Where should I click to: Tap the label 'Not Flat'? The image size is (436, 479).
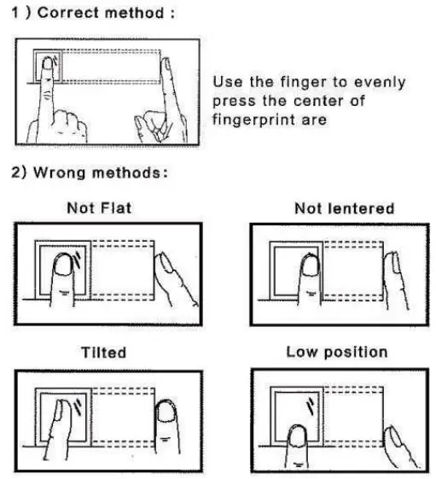pyautogui.click(x=99, y=208)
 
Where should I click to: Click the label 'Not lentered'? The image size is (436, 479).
pyautogui.click(x=343, y=208)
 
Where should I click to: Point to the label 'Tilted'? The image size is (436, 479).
pyautogui.click(x=102, y=352)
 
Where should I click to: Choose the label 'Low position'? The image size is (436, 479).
pyautogui.click(x=336, y=352)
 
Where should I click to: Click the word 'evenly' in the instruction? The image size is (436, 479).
pyautogui.click(x=378, y=82)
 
